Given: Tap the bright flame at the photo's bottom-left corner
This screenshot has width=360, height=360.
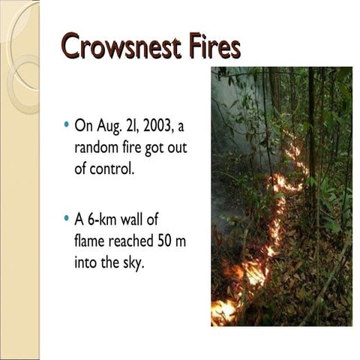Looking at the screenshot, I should coord(223,310).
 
